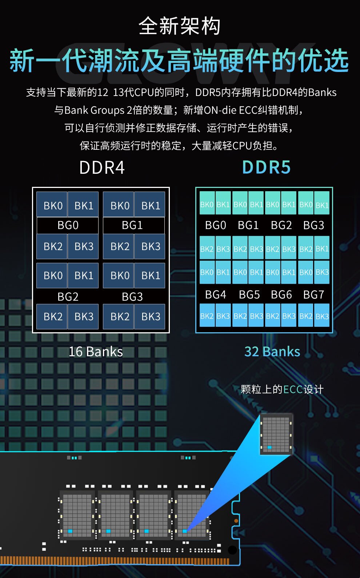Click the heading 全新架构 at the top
[x=180, y=26]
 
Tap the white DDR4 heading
[x=102, y=168]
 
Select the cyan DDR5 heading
[x=266, y=168]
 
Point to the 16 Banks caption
[x=96, y=352]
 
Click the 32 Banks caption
[x=272, y=352]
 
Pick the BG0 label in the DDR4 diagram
[x=68, y=225]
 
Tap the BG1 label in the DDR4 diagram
[x=132, y=225]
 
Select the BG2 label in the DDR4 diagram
[x=68, y=297]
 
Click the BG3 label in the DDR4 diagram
[x=132, y=297]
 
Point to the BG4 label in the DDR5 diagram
[x=215, y=294]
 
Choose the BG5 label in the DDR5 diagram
[x=249, y=294]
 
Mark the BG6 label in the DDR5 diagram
[x=281, y=294]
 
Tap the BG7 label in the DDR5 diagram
[x=313, y=294]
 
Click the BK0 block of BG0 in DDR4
[x=53, y=205]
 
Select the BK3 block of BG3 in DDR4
[x=151, y=316]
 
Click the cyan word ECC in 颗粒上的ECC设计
[x=293, y=390]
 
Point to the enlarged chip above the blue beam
[x=276, y=434]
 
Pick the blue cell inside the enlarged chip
[x=269, y=447]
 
